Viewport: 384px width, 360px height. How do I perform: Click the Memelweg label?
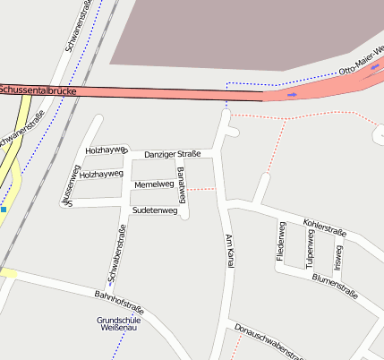[153, 184]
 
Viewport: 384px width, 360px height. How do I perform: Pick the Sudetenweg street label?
[154, 210]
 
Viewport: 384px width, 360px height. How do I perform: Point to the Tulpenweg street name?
[311, 246]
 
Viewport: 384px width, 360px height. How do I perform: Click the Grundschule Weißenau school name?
[117, 325]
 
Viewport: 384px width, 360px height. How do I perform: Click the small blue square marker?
[4, 210]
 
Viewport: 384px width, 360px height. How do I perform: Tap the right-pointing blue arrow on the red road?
[292, 93]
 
